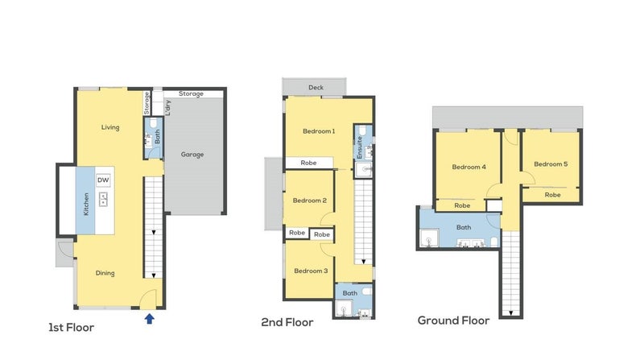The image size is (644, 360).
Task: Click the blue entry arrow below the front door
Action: click(150, 318)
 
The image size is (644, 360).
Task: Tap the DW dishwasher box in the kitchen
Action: click(103, 180)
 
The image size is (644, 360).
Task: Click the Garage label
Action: click(192, 155)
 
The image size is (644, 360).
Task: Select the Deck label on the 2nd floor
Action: click(316, 88)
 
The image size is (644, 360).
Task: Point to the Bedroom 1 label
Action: click(319, 131)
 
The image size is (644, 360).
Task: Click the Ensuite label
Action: click(360, 147)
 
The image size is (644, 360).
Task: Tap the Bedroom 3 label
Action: click(311, 271)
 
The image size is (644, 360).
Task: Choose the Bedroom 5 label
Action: click(551, 164)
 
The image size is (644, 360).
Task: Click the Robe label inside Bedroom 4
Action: click(462, 205)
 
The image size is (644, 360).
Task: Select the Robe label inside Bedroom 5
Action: click(552, 195)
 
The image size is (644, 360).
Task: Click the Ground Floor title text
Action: click(453, 321)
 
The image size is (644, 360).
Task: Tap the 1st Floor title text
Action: click(71, 328)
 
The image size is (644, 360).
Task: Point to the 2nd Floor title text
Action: click(287, 322)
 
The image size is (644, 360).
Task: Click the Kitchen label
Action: click(86, 204)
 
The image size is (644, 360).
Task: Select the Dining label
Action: click(105, 273)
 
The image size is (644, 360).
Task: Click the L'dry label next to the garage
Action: click(167, 108)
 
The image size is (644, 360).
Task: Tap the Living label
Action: click(110, 127)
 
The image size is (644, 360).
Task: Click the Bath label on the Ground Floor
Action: click(464, 227)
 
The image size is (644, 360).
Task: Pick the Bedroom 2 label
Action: click(310, 201)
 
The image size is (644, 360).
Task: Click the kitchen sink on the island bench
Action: click(103, 199)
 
